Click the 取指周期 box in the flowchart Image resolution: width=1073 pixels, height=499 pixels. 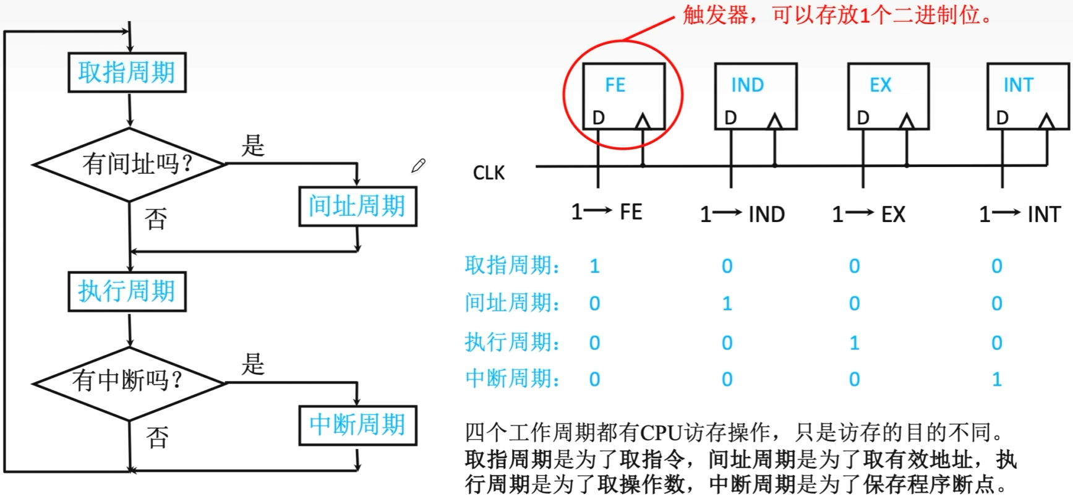127,73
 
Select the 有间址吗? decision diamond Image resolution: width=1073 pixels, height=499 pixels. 129,164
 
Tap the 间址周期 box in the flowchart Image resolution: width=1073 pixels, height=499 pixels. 357,207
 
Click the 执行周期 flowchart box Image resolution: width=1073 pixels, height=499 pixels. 127,291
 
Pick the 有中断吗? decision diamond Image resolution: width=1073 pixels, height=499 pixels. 129,383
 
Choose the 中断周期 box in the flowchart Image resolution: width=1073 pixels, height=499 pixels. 357,425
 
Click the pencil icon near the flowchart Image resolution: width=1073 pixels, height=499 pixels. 418,166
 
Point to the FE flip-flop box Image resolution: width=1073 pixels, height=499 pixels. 623,96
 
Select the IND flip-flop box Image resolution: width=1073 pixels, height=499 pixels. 755,96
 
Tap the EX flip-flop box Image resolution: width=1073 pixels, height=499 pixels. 887,96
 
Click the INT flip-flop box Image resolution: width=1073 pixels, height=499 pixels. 1027,96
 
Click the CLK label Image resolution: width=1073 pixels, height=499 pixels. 489,173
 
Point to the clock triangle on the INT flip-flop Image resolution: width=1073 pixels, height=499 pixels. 1046,121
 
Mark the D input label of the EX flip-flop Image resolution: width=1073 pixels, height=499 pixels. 863,117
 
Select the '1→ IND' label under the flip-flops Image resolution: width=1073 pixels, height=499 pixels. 742,215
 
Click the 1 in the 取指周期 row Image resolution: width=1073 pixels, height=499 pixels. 594,267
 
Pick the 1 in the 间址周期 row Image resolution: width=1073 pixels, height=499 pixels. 727,304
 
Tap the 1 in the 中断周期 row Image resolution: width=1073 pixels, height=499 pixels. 997,380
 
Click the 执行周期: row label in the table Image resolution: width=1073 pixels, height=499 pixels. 512,342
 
